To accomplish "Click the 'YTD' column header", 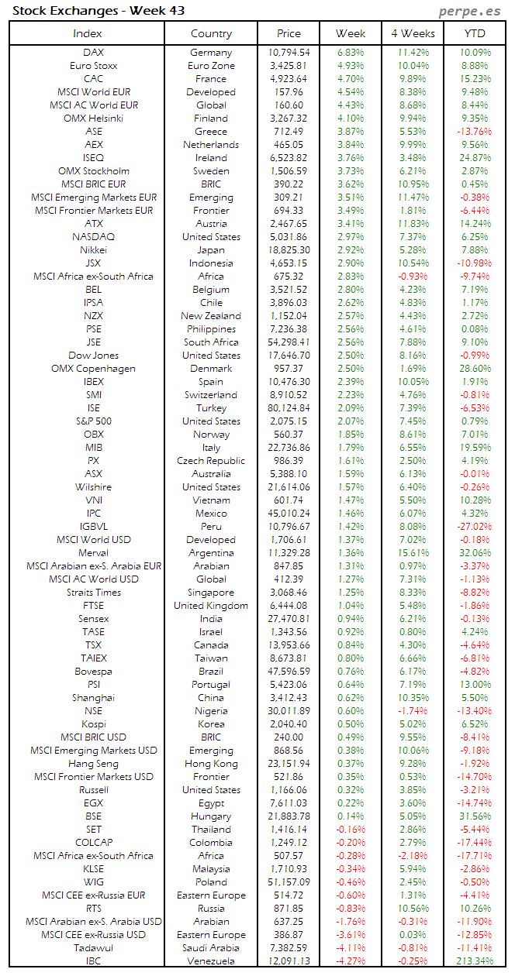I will pos(475,33).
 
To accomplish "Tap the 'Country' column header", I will pos(211,33).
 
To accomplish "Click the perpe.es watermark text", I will pos(470,11).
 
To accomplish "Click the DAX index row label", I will pos(93,53).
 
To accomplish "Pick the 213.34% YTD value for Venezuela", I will pos(475,961).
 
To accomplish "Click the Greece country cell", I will pos(211,132).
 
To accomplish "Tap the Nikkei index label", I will pos(93,250).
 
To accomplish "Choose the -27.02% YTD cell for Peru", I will pos(475,527).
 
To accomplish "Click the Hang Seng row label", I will pos(93,764).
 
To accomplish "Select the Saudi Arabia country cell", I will pos(211,948).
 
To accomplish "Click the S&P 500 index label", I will pos(93,421).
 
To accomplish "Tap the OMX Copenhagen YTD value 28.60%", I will pos(475,369).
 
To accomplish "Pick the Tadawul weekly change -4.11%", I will pos(351,948).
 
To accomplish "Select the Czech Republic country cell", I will pos(211,461).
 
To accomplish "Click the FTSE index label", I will pos(93,606).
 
